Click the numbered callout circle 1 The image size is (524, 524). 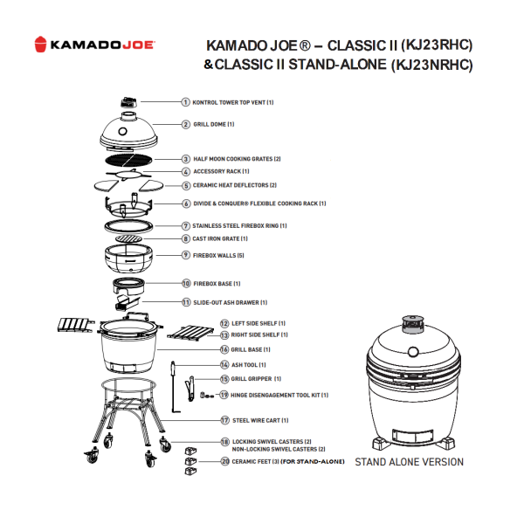186,102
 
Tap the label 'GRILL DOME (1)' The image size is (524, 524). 213,124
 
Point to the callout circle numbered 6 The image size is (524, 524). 186,203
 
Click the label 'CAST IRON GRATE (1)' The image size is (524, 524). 220,238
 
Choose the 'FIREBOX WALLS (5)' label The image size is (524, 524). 218,255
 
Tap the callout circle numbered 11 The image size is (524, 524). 186,302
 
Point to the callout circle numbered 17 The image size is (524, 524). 224,419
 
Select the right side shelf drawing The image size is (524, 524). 189,334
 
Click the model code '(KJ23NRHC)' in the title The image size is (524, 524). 429,64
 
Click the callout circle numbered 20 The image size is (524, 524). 224,460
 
